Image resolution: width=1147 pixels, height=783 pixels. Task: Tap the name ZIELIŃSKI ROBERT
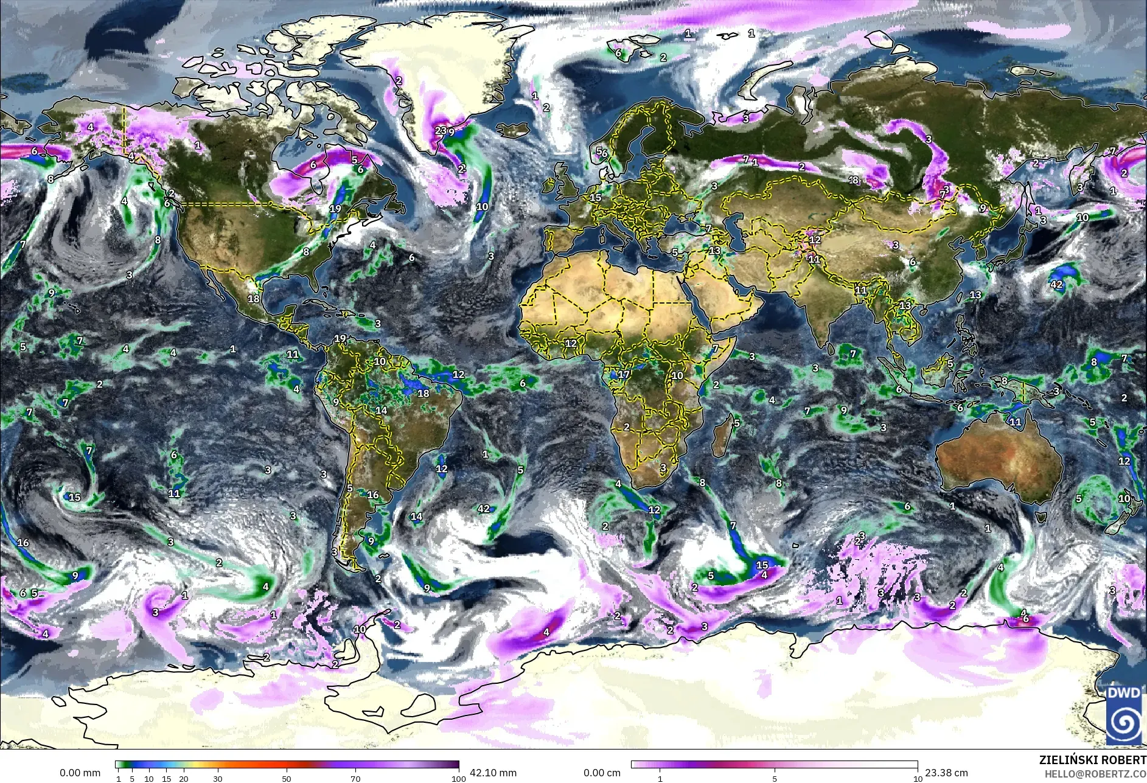click(1092, 760)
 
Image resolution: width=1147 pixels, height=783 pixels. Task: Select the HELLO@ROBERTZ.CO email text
click(1095, 774)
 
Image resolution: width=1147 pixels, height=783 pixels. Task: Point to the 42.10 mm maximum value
click(493, 773)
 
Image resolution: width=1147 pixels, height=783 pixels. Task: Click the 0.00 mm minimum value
click(80, 773)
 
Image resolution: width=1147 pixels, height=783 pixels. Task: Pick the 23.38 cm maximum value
click(946, 773)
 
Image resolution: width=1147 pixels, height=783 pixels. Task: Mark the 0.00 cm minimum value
click(602, 773)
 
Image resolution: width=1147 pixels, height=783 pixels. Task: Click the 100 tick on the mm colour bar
click(458, 778)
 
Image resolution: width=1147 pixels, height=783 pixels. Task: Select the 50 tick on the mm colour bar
click(287, 778)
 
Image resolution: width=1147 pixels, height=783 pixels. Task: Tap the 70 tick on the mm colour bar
click(355, 778)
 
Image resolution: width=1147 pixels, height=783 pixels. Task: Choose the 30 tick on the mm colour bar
click(218, 778)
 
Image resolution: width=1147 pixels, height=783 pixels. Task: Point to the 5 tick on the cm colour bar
click(775, 778)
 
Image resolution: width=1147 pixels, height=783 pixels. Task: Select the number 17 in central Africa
click(623, 375)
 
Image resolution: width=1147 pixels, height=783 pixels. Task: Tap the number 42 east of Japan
click(1056, 285)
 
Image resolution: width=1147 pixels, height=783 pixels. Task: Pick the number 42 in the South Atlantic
click(484, 509)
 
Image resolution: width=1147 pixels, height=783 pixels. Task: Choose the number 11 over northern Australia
click(1016, 422)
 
